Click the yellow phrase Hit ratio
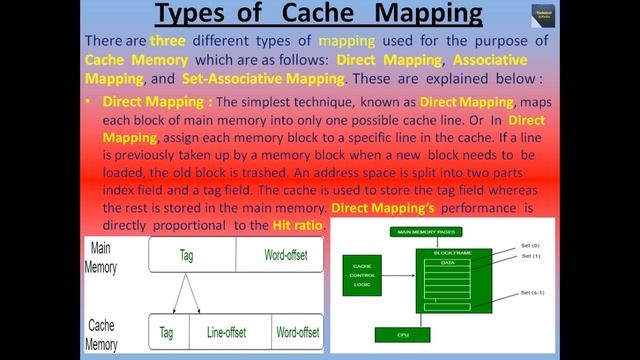297,226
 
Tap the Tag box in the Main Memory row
187,256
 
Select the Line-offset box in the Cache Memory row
226,332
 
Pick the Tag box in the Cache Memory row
167,332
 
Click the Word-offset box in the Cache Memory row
297,332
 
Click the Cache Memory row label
102,334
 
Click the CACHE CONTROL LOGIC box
361,275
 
